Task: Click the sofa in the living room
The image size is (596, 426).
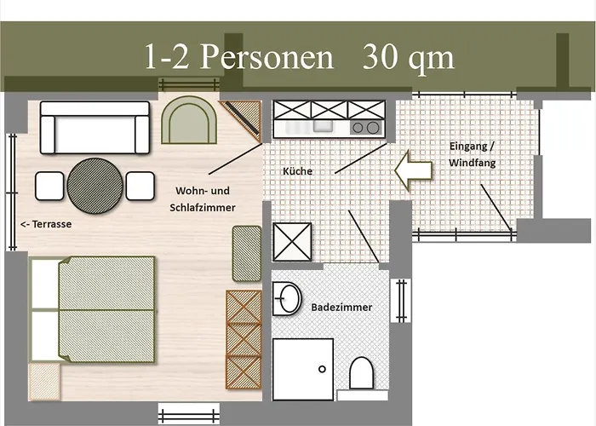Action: pos(95,128)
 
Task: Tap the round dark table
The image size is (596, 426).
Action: pos(95,186)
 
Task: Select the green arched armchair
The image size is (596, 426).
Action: pos(189,120)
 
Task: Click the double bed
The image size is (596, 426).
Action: pos(93,309)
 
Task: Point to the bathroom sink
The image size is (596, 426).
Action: pos(287,298)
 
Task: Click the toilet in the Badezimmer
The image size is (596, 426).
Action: pos(361,373)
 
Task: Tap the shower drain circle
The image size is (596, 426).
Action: pos(322,369)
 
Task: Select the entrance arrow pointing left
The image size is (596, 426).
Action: pos(413,170)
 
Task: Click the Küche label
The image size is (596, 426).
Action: pos(297,171)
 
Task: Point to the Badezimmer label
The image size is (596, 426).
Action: pos(341,308)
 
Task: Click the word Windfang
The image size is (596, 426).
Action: pos(472,163)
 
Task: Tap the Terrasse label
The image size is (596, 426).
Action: pos(46,224)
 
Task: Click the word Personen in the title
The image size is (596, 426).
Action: pos(266,57)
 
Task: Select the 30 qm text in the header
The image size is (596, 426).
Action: pos(408,57)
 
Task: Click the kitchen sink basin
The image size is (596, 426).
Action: pos(323,126)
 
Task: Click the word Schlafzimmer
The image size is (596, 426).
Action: pos(203,208)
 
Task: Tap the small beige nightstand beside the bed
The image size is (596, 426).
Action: pos(44,382)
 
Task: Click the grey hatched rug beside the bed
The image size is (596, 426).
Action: pos(247,254)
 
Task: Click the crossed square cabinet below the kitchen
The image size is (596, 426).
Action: pos(292,242)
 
